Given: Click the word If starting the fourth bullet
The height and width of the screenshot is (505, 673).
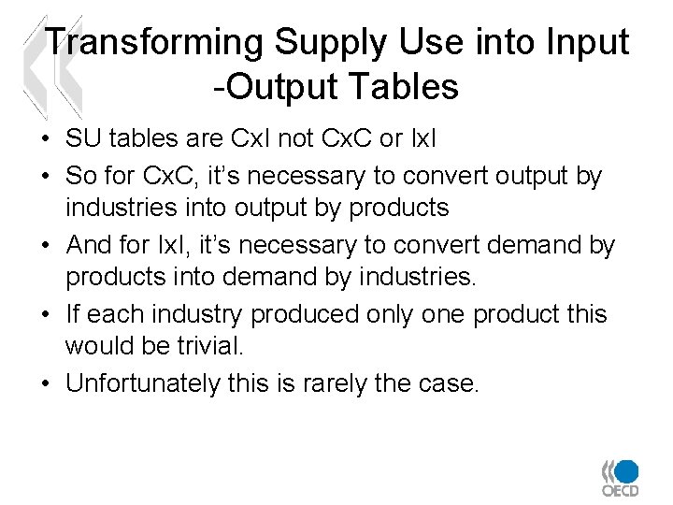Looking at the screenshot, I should (x=73, y=314).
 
